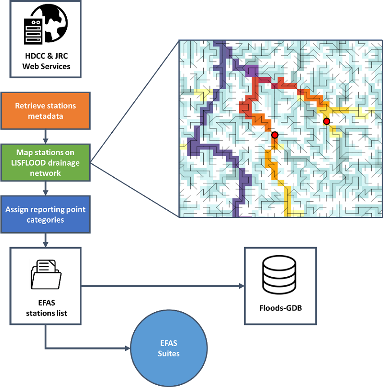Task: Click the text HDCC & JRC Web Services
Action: pyautogui.click(x=46, y=62)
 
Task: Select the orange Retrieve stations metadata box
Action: pyautogui.click(x=46, y=111)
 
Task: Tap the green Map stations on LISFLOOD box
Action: pyautogui.click(x=46, y=162)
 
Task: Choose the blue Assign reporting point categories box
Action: pyautogui.click(x=46, y=215)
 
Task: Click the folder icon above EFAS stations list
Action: pyautogui.click(x=46, y=274)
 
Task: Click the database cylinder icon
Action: pyautogui.click(x=279, y=275)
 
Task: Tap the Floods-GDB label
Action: pyautogui.click(x=280, y=309)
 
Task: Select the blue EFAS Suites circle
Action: pyautogui.click(x=169, y=349)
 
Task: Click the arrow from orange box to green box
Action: pyautogui.click(x=46, y=136)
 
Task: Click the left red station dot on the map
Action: pyautogui.click(x=275, y=135)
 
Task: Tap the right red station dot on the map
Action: pyautogui.click(x=327, y=121)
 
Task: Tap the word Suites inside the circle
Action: pyautogui.click(x=169, y=354)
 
